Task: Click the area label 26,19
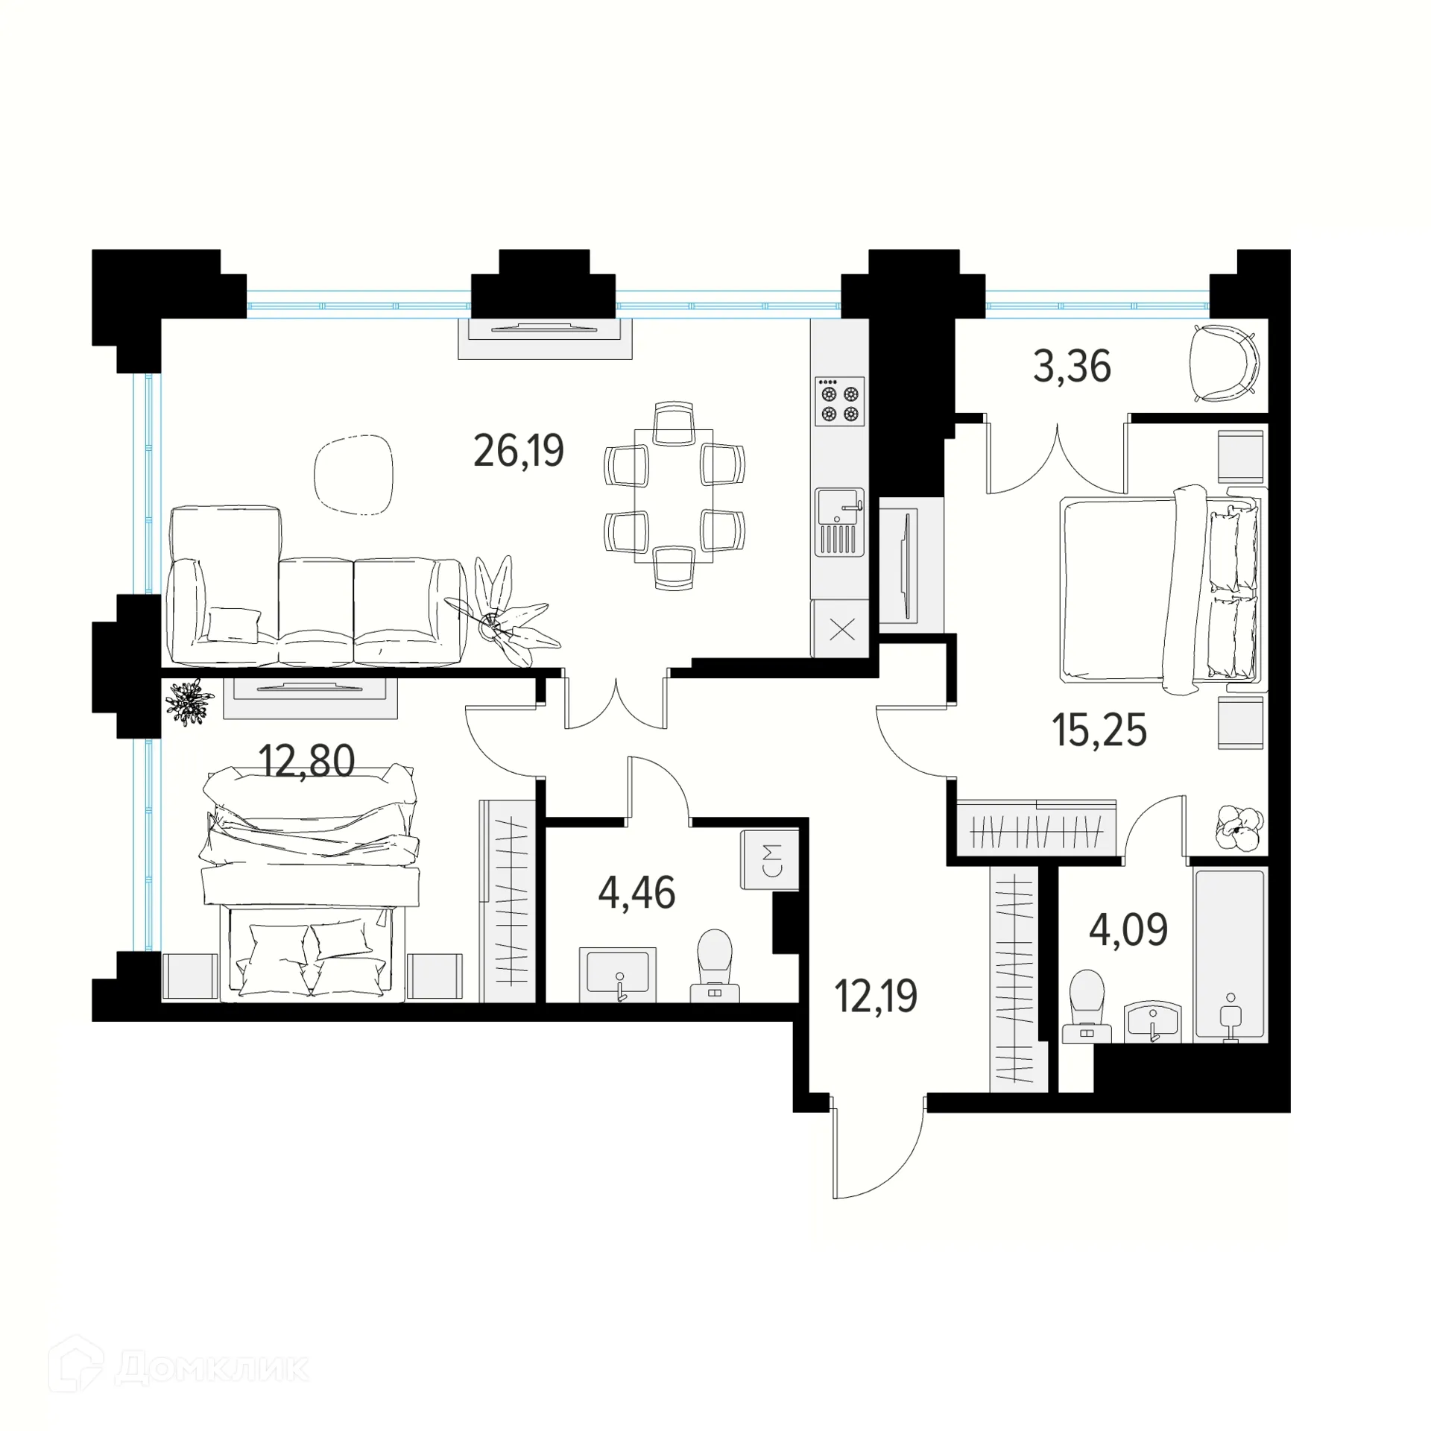coord(519,451)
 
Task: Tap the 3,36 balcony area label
coord(1072,367)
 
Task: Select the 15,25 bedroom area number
coord(1099,730)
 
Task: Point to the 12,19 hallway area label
coord(876,996)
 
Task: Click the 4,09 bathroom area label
coord(1128,930)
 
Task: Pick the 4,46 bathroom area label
coord(636,893)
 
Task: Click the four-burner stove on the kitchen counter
coord(839,401)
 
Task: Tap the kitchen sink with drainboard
coord(839,522)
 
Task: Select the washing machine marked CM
coord(770,859)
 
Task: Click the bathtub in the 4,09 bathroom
coord(1229,955)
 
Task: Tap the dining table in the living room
coord(673,496)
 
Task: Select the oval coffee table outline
coord(353,475)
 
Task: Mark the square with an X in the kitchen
coord(841,631)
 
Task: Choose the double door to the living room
coord(616,701)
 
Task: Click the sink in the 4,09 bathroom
coord(1153,1020)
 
